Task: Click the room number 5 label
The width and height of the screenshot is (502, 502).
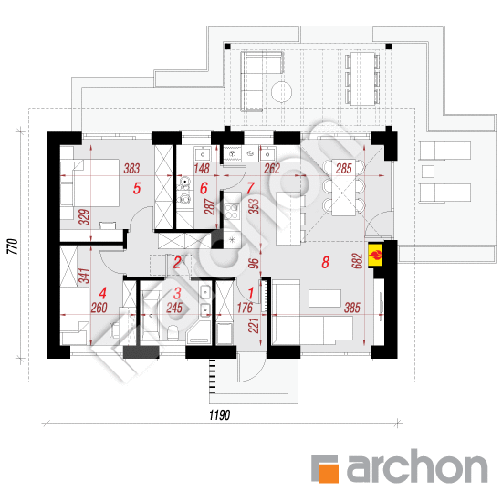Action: pyautogui.click(x=137, y=189)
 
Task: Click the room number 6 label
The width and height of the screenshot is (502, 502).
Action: pyautogui.click(x=204, y=189)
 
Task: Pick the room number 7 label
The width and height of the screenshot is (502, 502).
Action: pyautogui.click(x=250, y=189)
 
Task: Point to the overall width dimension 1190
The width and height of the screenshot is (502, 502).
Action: pyautogui.click(x=216, y=415)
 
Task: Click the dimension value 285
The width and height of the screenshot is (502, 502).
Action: pyautogui.click(x=343, y=169)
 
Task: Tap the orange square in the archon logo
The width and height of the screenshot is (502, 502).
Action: pyautogui.click(x=327, y=468)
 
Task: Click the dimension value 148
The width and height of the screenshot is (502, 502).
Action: pyautogui.click(x=204, y=169)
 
